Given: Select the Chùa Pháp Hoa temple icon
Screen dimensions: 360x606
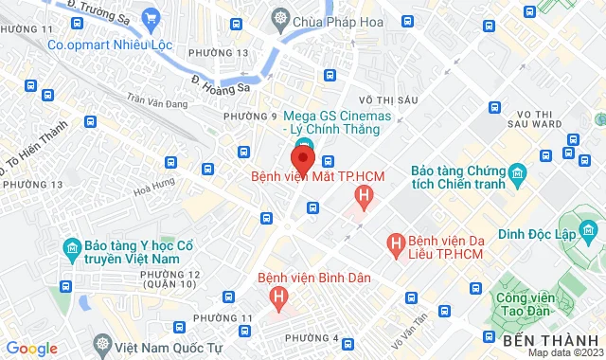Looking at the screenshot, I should click(x=281, y=18).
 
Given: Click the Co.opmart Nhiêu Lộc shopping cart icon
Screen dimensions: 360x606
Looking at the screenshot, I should click(x=151, y=18).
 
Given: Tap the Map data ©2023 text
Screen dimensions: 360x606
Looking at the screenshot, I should click(x=564, y=352).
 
